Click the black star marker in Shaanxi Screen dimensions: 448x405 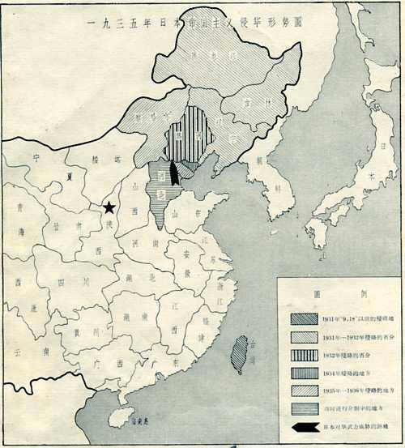(x=109, y=209)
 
